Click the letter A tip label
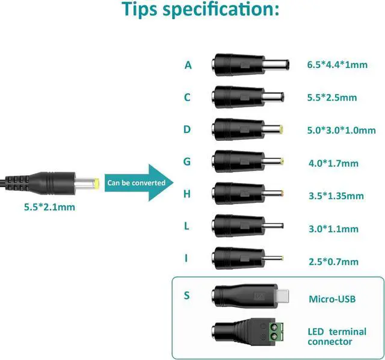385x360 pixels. (x=188, y=64)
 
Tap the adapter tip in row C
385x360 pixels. (x=248, y=96)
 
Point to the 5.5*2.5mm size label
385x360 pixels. (x=332, y=97)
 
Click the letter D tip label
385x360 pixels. (x=188, y=129)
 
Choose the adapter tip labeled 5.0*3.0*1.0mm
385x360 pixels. (x=248, y=129)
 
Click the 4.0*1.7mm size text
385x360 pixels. (x=332, y=163)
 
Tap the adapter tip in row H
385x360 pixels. (x=248, y=194)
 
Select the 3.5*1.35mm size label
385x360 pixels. (x=335, y=196)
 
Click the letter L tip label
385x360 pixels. (x=188, y=226)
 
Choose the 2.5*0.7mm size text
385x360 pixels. (x=332, y=261)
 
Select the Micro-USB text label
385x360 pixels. (x=331, y=299)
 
